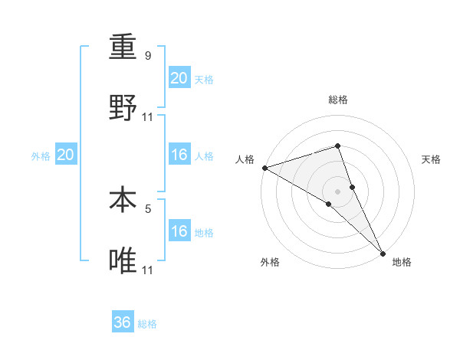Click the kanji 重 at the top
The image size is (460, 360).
(123, 49)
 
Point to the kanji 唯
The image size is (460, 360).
(123, 261)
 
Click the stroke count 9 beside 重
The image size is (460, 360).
(148, 56)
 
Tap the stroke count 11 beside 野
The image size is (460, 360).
(148, 117)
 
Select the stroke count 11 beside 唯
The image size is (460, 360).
(148, 270)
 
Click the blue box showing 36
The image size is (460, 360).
(123, 322)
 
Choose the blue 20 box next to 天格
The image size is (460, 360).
(179, 78)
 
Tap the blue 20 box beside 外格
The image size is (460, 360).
(66, 155)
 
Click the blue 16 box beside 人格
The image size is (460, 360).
(179, 155)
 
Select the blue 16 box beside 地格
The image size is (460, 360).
(179, 231)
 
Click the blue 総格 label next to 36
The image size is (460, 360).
(147, 324)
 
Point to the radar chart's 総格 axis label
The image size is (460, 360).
(338, 100)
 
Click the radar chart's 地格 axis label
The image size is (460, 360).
(402, 262)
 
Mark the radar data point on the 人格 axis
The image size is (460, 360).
(264, 167)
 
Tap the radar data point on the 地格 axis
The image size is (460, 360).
(383, 252)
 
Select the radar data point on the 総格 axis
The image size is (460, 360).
(338, 146)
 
